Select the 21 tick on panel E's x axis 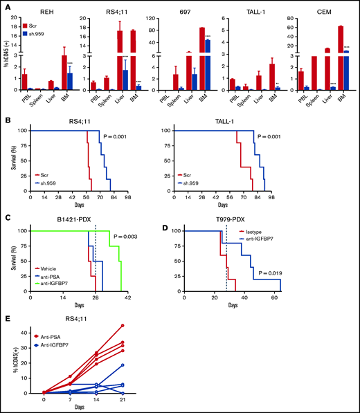[x=142, y=404]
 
